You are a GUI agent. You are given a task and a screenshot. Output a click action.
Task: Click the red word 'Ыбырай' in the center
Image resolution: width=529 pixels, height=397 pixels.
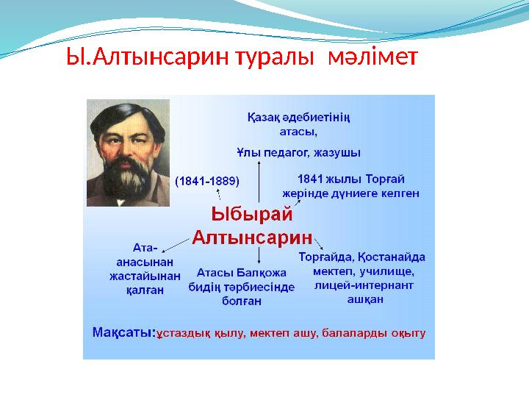tap(251, 215)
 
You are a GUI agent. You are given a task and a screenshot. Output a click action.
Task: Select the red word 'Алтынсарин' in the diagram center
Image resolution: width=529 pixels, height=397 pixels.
tap(252, 237)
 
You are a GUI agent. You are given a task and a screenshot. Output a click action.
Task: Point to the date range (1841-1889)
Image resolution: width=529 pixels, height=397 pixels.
tap(207, 179)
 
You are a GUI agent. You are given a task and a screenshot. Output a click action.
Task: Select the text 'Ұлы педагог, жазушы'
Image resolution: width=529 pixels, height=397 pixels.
tap(298, 153)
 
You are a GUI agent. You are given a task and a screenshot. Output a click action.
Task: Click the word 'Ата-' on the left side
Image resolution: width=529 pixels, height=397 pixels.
tap(145, 248)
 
